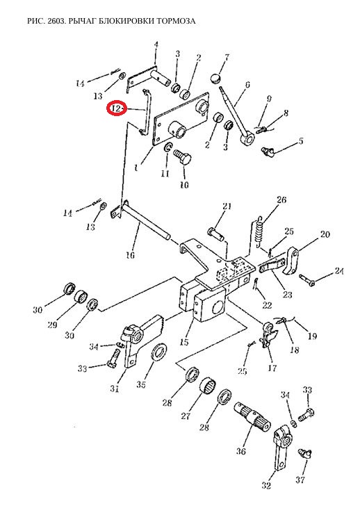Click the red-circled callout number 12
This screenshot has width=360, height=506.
click(116, 108)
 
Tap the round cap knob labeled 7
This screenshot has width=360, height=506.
click(215, 78)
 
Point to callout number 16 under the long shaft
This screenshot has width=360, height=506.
click(131, 255)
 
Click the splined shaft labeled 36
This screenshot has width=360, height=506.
click(252, 416)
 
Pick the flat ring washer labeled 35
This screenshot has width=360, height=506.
click(158, 353)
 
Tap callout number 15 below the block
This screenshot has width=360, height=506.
click(184, 342)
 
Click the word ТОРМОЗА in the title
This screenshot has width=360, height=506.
click(176, 21)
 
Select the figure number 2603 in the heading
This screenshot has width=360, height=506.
click(51, 21)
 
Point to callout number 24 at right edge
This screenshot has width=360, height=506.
click(338, 271)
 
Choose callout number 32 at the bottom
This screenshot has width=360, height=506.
click(266, 485)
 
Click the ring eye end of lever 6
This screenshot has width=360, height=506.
click(248, 140)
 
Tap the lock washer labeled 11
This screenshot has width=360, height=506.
click(167, 148)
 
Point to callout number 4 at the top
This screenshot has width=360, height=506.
click(156, 44)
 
